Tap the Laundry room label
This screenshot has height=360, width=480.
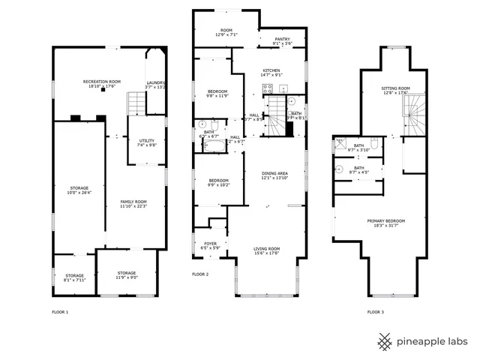point(156,85)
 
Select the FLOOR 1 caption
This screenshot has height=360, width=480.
point(60,311)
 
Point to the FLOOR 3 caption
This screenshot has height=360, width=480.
point(376,311)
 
